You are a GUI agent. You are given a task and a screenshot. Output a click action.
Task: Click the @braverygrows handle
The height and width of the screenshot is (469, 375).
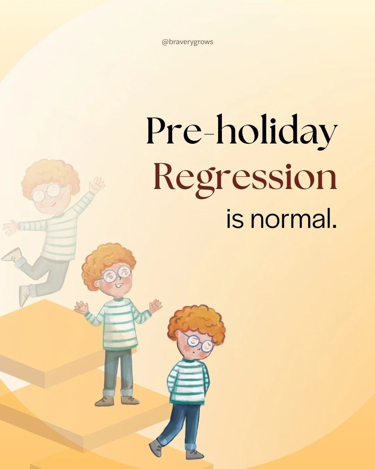[187, 42]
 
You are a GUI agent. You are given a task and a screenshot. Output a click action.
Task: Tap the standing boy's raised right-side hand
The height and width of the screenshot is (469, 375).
[156, 306]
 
